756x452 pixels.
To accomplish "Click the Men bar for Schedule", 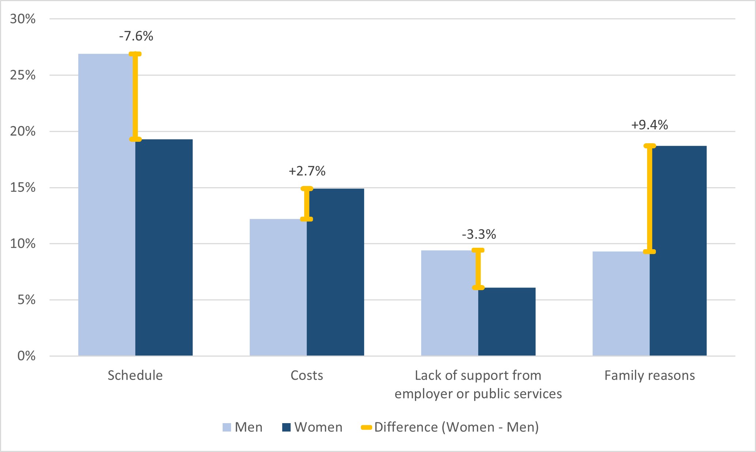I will tap(106, 205).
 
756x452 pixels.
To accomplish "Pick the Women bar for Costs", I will tap(335, 272).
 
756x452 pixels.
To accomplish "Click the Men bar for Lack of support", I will tap(449, 303).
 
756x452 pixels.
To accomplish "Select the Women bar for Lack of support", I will tap(507, 322).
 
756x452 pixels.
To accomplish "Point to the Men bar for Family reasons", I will tap(621, 304).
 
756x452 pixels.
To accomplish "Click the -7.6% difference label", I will tap(136, 36).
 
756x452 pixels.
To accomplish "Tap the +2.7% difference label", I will tap(307, 171).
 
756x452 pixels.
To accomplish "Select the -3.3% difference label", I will tap(479, 234).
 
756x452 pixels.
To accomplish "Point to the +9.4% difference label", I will tap(650, 125).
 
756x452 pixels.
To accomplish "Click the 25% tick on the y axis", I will tap(23, 75).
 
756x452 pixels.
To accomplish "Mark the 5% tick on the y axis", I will tap(26, 300).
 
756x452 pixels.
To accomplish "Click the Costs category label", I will tap(307, 375).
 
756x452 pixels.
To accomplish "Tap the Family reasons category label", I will tap(650, 375).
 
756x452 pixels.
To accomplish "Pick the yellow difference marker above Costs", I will tap(307, 204).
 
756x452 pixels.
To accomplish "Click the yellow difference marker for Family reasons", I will tap(650, 199).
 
